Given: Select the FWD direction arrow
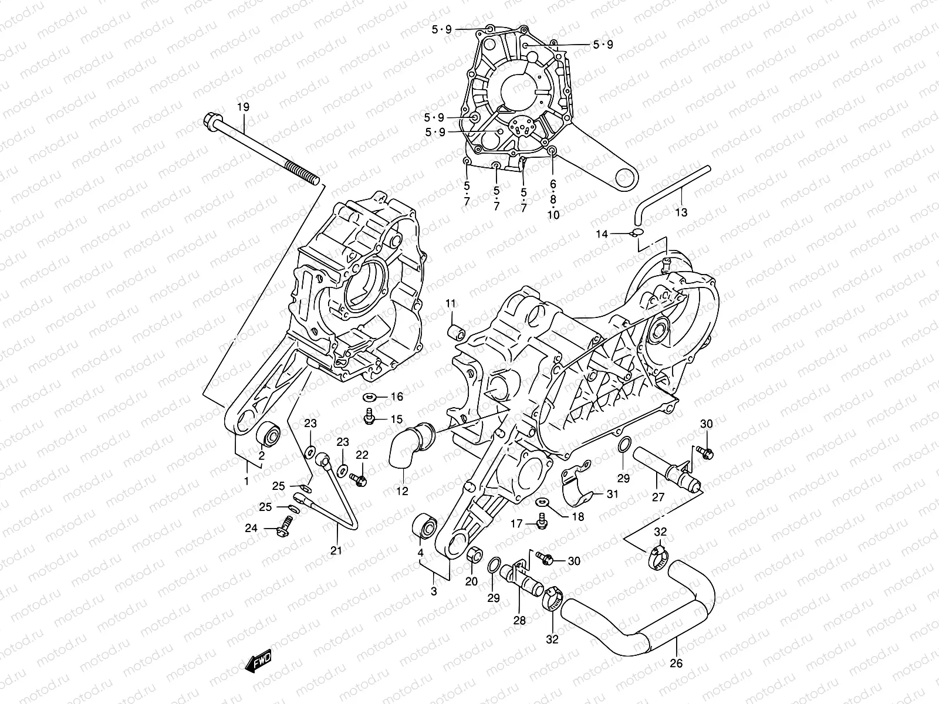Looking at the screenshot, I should tap(259, 662).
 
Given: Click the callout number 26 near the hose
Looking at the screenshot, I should tap(676, 664).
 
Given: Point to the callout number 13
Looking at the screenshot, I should tap(681, 212).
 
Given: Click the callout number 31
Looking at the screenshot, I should tap(612, 494).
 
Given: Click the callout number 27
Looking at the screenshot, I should tap(658, 497).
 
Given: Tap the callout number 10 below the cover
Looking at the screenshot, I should tap(553, 215).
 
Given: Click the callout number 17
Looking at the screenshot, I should tap(516, 524).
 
